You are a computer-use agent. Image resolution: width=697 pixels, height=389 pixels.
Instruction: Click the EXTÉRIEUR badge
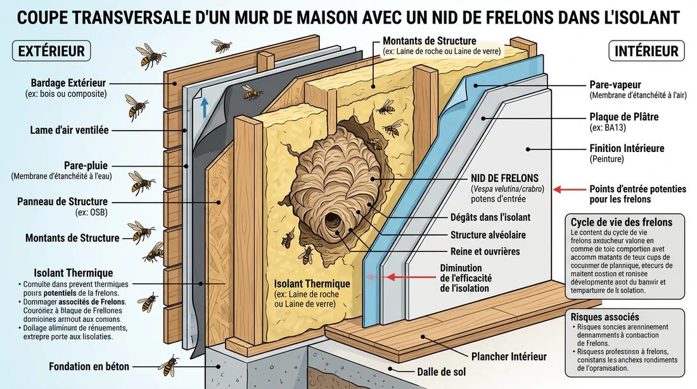coord(51,51)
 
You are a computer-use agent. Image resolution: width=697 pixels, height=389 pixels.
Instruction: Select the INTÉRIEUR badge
coord(646,51)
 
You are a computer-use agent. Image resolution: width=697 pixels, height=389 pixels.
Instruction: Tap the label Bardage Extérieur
coord(68,83)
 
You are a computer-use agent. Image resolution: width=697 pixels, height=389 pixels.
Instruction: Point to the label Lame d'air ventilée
coord(69,130)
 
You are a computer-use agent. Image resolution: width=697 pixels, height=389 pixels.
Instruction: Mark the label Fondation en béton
coord(89,366)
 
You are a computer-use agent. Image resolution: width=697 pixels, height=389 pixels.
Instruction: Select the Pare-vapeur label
coord(615,84)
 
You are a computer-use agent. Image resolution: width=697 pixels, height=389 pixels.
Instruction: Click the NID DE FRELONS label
coord(504,178)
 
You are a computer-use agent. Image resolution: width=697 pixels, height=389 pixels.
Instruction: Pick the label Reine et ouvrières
coord(485,252)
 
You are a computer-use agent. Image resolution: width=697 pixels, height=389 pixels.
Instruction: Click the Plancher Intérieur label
coord(509,357)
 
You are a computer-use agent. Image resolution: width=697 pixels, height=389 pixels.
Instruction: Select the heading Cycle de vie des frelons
coord(621,222)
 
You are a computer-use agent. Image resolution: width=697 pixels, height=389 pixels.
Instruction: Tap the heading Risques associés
coord(604,317)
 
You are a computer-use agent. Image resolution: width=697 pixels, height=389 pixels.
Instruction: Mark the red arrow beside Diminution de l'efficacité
coord(399,277)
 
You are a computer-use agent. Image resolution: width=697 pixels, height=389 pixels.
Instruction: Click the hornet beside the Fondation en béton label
coord(169,366)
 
